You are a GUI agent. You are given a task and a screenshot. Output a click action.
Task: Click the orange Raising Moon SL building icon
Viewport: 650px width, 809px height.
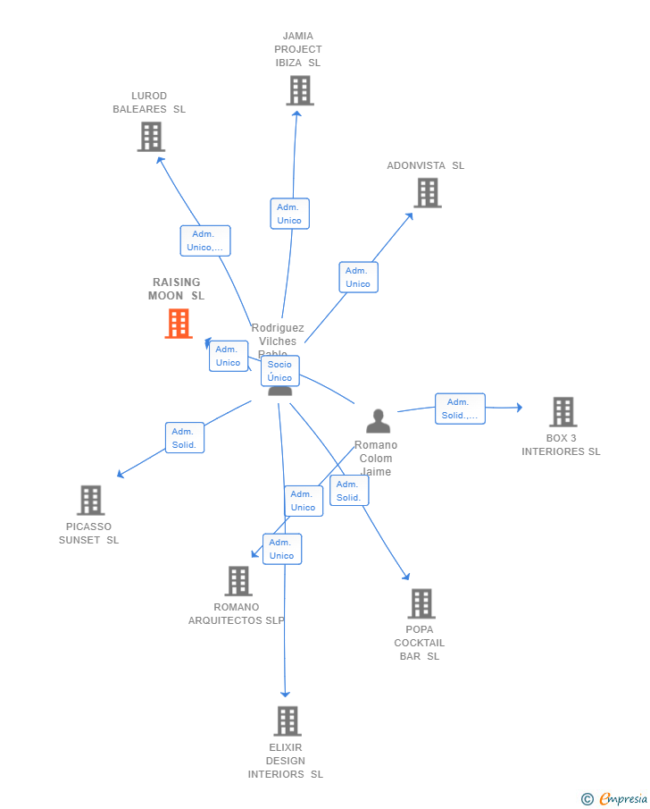pyautogui.click(x=179, y=324)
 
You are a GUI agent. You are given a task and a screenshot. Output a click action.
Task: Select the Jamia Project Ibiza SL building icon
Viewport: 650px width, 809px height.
pyautogui.click(x=300, y=90)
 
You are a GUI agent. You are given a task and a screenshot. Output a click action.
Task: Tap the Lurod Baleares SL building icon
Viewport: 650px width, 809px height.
pyautogui.click(x=151, y=137)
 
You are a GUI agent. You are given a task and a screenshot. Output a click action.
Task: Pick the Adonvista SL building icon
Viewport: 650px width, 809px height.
pyautogui.click(x=428, y=192)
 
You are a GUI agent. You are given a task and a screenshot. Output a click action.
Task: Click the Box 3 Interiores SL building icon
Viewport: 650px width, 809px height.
pyautogui.click(x=562, y=412)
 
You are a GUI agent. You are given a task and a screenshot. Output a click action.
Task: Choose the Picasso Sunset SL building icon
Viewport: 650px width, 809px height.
pyautogui.click(x=91, y=501)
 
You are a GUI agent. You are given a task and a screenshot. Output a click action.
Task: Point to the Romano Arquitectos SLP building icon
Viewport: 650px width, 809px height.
pyautogui.click(x=238, y=581)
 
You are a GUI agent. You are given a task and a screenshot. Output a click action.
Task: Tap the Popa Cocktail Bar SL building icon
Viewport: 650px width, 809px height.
pyautogui.click(x=421, y=603)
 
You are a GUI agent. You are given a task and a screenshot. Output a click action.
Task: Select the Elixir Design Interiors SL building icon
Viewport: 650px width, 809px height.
pyautogui.click(x=287, y=721)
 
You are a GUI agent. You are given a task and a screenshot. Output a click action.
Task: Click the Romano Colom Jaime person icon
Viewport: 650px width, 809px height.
pyautogui.click(x=379, y=421)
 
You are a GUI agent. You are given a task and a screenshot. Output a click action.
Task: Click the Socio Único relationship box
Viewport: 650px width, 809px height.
pyautogui.click(x=279, y=371)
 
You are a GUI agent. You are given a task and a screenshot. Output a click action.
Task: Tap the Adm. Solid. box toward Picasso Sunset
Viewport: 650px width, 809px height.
pyautogui.click(x=184, y=438)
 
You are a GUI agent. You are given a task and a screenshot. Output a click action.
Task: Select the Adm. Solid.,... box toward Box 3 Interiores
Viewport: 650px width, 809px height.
pyautogui.click(x=460, y=409)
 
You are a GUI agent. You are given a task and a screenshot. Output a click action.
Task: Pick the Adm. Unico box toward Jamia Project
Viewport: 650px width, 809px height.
pyautogui.click(x=289, y=214)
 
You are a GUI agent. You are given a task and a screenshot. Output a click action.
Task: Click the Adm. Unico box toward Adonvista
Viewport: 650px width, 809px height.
pyautogui.click(x=358, y=277)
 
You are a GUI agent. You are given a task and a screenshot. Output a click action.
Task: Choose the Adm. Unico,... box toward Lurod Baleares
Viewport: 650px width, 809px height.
pyautogui.click(x=205, y=240)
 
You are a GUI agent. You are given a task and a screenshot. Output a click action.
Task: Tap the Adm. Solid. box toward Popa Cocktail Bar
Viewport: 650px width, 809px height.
pyautogui.click(x=348, y=491)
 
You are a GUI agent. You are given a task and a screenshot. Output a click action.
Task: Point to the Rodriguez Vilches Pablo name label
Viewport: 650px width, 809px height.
pyautogui.click(x=278, y=341)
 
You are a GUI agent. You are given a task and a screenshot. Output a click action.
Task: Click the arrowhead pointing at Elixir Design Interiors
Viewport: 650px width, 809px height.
pyautogui.click(x=286, y=693)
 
